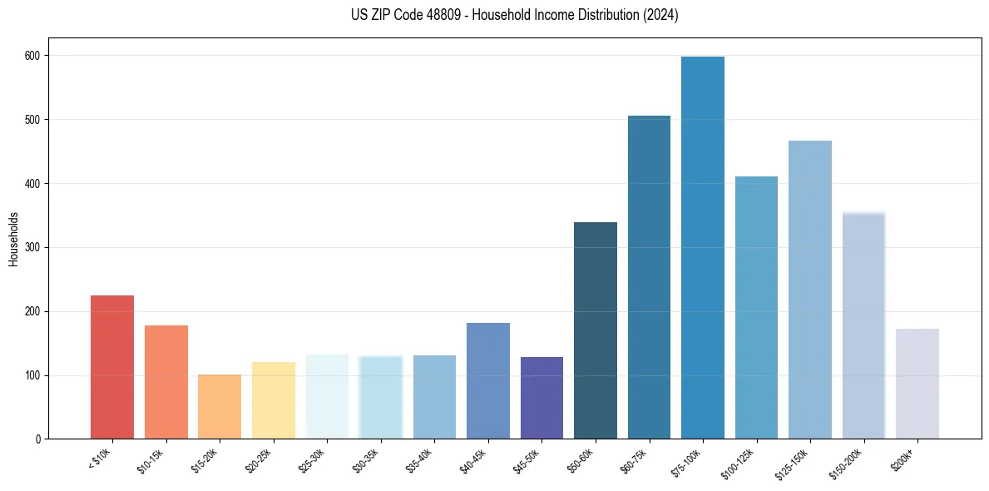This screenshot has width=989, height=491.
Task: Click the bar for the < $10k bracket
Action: (x=112, y=367)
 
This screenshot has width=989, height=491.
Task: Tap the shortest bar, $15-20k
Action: (x=220, y=407)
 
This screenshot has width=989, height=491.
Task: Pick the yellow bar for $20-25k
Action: (x=273, y=400)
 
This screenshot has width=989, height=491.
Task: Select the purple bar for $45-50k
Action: (x=541, y=398)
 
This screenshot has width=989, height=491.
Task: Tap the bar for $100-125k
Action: (x=756, y=307)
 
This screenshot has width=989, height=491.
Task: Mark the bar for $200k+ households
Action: (x=917, y=384)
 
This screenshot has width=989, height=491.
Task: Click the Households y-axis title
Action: (x=14, y=238)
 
